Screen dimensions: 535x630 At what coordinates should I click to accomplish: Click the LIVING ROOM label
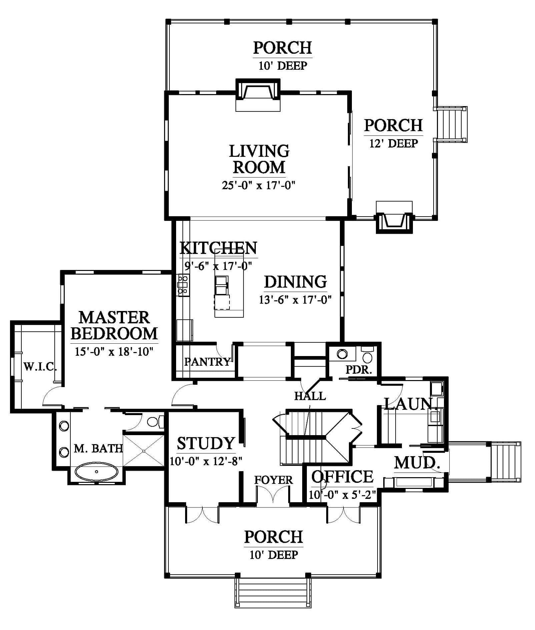point(259,159)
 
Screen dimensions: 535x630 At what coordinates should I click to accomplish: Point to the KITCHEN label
point(218,248)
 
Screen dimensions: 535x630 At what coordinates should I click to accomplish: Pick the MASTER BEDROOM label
point(114,325)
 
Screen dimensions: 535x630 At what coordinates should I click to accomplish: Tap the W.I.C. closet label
point(40,367)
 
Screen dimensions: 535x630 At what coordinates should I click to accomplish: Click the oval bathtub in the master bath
point(96,472)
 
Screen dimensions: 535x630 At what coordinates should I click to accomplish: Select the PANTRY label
point(207,361)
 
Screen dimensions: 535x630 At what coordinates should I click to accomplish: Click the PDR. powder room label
point(359,369)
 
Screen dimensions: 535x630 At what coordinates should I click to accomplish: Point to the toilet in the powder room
point(367,355)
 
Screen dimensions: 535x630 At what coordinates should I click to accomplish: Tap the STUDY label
point(206,443)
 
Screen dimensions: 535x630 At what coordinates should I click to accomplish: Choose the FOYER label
point(274,480)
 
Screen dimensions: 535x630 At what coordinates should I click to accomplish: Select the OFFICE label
point(342,477)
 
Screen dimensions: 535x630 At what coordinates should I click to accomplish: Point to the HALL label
point(310,396)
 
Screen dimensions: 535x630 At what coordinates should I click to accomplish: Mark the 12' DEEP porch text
point(394,143)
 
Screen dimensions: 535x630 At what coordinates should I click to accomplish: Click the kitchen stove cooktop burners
point(182,285)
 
